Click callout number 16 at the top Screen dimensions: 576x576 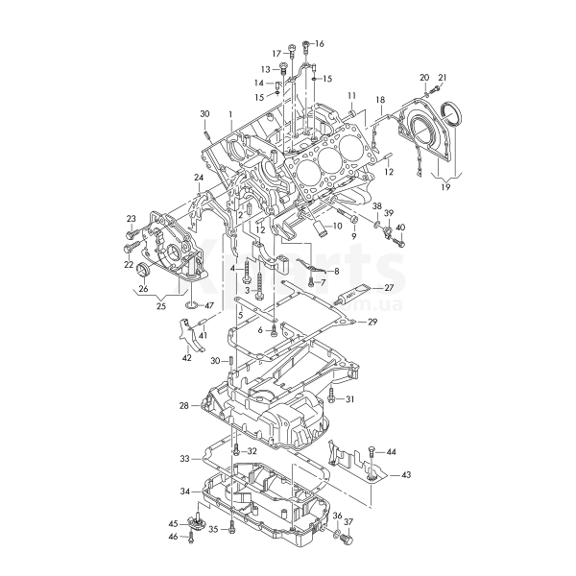pyautogui.click(x=320, y=44)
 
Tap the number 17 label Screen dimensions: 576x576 pyautogui.click(x=276, y=53)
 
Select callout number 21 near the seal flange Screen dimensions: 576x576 pyautogui.click(x=443, y=78)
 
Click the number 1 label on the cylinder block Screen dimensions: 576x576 pyautogui.click(x=230, y=113)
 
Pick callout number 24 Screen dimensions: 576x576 pyautogui.click(x=199, y=178)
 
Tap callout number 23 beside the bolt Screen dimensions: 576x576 pyautogui.click(x=131, y=219)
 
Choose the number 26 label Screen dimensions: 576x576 pyautogui.click(x=142, y=288)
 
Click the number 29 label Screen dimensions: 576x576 pyautogui.click(x=372, y=323)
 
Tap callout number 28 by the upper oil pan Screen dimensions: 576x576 pyautogui.click(x=183, y=406)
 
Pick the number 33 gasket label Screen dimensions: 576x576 pyautogui.click(x=184, y=460)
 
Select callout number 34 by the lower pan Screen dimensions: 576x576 pyautogui.click(x=184, y=492)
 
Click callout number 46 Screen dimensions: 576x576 pyautogui.click(x=174, y=537)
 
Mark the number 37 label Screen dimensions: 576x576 pyautogui.click(x=349, y=522)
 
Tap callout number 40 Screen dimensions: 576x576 pyautogui.click(x=400, y=228)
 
